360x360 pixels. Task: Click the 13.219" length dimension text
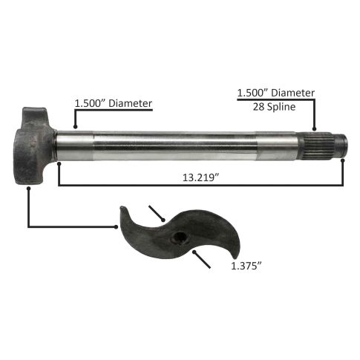(x=201, y=177)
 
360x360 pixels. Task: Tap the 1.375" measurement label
(x=246, y=266)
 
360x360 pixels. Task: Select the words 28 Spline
(x=274, y=107)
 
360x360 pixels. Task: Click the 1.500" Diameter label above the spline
(x=276, y=93)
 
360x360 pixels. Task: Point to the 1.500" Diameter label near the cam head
(x=114, y=103)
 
